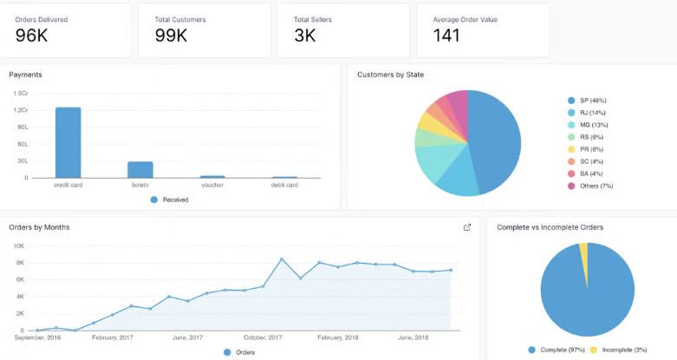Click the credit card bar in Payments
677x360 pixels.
[x=68, y=142]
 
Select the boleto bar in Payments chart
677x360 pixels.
[x=140, y=170]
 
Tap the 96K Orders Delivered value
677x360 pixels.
[x=31, y=36]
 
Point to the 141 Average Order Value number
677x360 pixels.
[x=446, y=36]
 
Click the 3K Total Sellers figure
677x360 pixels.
[x=305, y=36]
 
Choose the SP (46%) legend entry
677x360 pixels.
[x=587, y=101]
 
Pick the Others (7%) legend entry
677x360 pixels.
[x=590, y=187]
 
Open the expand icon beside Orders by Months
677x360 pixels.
[x=467, y=227]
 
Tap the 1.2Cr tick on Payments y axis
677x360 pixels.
[x=21, y=110]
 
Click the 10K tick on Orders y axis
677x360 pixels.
[x=18, y=246]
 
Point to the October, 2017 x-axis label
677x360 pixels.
[x=263, y=337]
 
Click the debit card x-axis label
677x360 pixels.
[x=284, y=185]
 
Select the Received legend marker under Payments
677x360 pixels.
[x=154, y=200]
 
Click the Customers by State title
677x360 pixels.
[x=391, y=75]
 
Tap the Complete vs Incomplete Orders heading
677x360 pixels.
[x=550, y=227]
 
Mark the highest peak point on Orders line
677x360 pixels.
[x=282, y=259]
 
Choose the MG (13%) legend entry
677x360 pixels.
[x=588, y=125]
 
